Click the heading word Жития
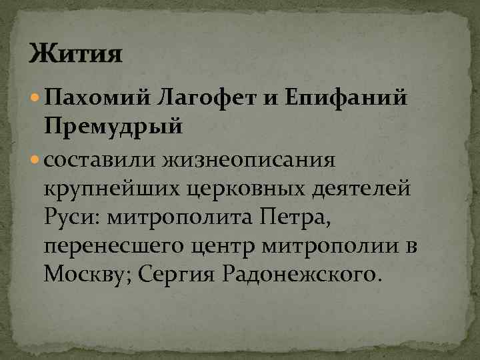click(75, 52)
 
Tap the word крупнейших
click(115, 189)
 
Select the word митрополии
click(341, 246)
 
